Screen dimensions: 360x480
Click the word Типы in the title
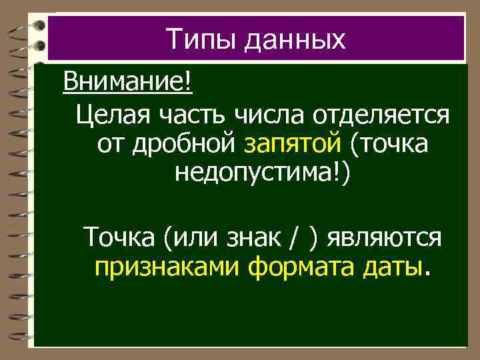[201, 40]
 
